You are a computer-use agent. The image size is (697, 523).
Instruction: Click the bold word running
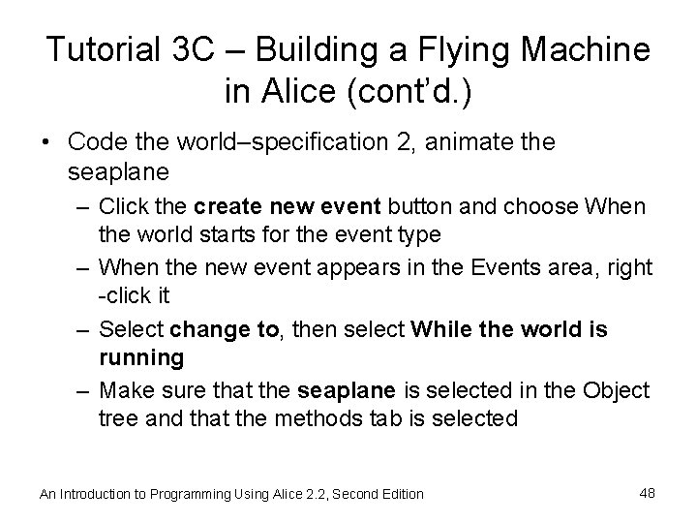pyautogui.click(x=141, y=357)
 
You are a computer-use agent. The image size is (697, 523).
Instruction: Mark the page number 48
pyautogui.click(x=648, y=493)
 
